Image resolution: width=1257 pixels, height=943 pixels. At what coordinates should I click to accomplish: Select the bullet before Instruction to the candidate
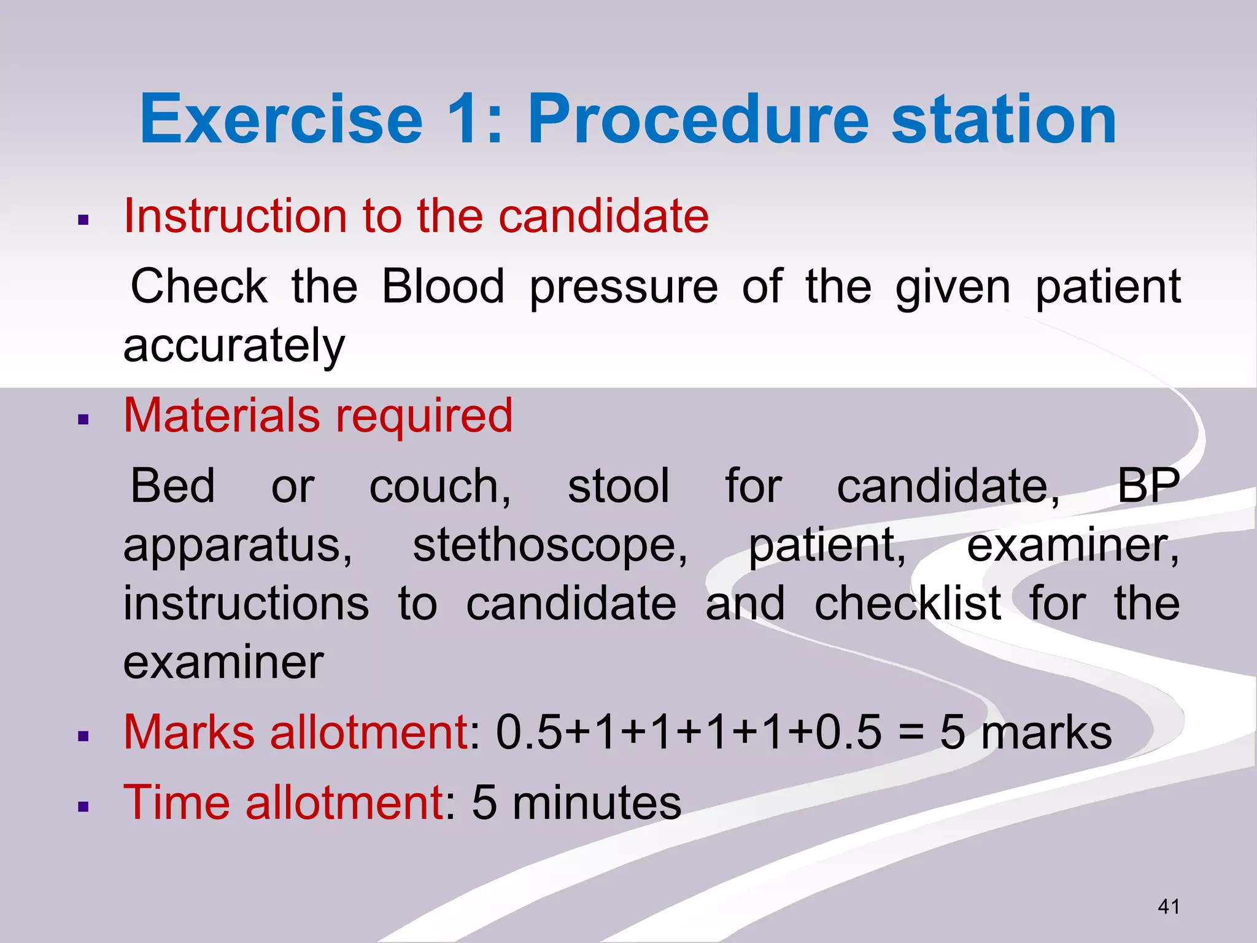(x=84, y=220)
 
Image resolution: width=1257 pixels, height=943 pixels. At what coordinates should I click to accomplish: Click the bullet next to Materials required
(x=84, y=420)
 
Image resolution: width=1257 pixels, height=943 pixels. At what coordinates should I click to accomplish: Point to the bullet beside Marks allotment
(x=84, y=736)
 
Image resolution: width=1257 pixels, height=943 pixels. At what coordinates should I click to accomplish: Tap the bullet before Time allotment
(x=84, y=807)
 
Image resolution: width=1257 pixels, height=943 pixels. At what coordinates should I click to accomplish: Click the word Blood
(x=443, y=286)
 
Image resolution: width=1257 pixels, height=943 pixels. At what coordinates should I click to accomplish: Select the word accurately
(x=234, y=346)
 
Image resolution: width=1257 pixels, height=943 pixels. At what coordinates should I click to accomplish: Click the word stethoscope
(x=550, y=545)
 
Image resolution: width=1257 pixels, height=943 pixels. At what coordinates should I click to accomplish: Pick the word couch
(x=439, y=486)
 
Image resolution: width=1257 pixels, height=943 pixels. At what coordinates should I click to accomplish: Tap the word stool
(x=618, y=486)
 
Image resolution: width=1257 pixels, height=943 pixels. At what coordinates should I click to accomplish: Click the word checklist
(x=908, y=603)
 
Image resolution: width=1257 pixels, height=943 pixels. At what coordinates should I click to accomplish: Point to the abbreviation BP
(x=1148, y=486)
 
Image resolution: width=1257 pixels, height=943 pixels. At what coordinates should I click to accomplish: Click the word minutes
(x=597, y=803)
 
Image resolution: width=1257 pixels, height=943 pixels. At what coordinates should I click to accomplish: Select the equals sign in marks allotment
(x=911, y=734)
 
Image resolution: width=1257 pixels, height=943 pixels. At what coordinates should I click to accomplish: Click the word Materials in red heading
(x=222, y=416)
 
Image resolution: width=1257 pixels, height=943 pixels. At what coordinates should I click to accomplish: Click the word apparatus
(x=238, y=546)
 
